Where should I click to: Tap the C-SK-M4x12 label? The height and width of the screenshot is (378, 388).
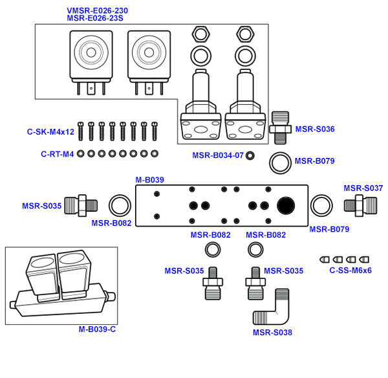click(50, 131)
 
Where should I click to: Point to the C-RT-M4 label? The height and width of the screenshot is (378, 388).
click(58, 154)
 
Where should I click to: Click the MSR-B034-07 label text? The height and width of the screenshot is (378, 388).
click(217, 155)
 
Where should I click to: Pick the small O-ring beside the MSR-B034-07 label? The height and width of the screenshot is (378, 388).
click(250, 155)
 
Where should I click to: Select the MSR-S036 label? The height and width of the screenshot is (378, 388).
click(315, 129)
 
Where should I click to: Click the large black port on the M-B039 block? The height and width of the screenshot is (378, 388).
click(286, 205)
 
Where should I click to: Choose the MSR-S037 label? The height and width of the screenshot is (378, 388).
click(363, 188)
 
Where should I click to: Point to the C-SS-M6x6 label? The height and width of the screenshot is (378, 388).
click(350, 271)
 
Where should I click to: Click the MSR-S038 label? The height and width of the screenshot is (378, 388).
click(272, 333)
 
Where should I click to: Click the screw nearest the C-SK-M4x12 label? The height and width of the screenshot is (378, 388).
click(81, 131)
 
